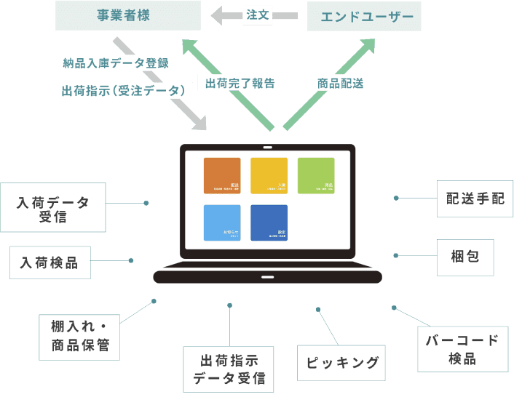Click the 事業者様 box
(x=127, y=15)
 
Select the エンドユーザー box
(x=365, y=16)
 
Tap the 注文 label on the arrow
(x=258, y=15)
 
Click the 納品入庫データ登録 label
(x=114, y=63)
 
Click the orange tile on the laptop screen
(x=222, y=175)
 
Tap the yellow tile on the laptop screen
(x=269, y=175)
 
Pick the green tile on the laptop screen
(x=316, y=175)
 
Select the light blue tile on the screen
(x=222, y=222)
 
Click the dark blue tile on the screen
(x=269, y=222)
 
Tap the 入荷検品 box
(x=50, y=262)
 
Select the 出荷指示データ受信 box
(x=229, y=369)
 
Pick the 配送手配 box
(x=474, y=198)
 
